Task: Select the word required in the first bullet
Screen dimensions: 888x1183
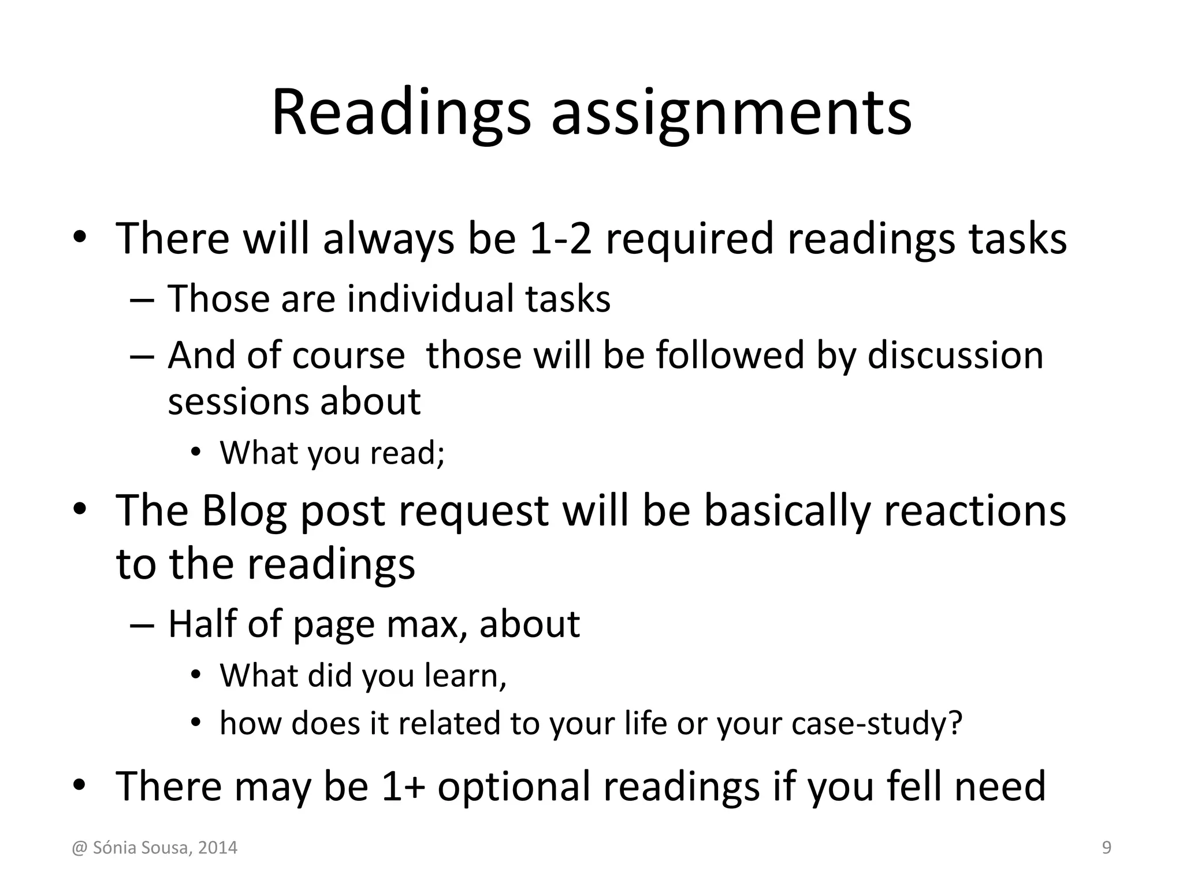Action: click(x=689, y=238)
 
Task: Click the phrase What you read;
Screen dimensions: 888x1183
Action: click(x=332, y=452)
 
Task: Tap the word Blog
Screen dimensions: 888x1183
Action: click(x=244, y=511)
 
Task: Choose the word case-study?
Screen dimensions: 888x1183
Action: click(x=877, y=723)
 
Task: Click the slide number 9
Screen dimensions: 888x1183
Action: click(x=1107, y=848)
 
